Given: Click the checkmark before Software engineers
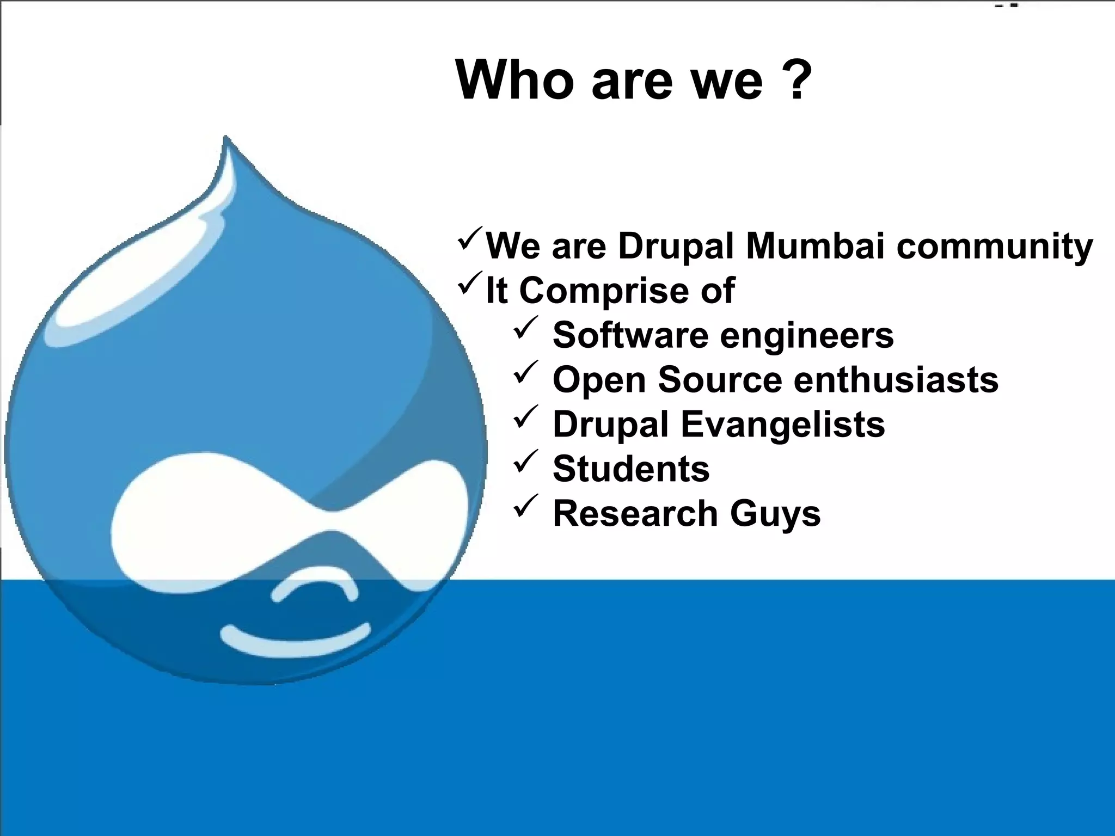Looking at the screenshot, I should point(526,327).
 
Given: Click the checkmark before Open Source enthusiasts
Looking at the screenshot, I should point(526,372).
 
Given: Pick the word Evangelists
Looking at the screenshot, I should point(783,425).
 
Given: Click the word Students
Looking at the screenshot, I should point(631,469).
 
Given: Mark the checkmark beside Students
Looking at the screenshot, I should point(526,461).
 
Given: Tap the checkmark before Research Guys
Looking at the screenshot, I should point(526,506).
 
